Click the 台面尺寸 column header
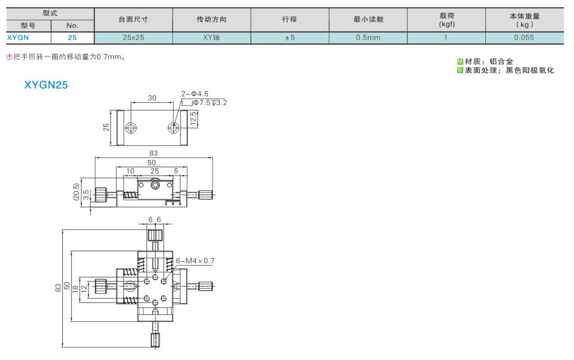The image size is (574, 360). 133,19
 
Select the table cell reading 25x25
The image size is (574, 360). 133,38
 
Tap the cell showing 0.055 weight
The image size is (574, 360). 524,38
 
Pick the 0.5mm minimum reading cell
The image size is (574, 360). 368,38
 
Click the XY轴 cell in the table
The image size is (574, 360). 211,38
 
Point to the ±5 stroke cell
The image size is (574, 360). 290,38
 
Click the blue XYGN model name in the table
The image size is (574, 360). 18,38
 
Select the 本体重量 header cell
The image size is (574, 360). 524,20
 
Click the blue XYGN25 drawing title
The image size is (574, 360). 46,85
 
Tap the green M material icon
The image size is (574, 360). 460,62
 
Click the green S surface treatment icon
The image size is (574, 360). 460,70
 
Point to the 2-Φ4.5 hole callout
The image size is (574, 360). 195,94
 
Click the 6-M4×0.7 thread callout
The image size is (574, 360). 195,261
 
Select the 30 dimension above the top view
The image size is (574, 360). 152,98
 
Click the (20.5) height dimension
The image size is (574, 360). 76,191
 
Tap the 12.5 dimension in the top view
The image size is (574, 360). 193,118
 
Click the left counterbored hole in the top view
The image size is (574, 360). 131,128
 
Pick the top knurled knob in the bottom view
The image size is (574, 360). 155,235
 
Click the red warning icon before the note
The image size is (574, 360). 9,57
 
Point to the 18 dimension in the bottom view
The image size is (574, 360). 76,289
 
